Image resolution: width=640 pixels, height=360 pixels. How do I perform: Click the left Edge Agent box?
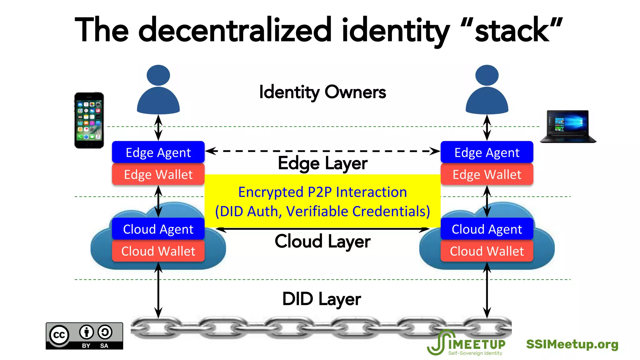tap(158, 152)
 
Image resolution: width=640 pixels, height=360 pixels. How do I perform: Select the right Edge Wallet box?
tap(487, 174)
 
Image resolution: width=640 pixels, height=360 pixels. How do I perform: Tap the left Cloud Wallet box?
tap(158, 251)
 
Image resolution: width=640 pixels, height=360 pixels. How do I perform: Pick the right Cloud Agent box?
tap(487, 229)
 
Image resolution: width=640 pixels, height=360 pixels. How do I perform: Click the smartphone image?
tap(89, 120)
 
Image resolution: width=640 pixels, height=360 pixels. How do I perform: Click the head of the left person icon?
tap(158, 75)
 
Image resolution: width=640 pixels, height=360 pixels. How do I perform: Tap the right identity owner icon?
tap(487, 91)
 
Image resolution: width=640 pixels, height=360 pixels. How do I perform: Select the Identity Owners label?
tap(322, 92)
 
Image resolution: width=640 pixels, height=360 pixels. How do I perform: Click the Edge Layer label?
tap(322, 163)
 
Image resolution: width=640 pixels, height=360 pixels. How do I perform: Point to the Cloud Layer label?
tap(322, 242)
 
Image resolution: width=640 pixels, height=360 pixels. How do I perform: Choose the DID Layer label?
tap(322, 299)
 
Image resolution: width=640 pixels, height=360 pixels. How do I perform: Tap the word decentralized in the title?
tap(234, 31)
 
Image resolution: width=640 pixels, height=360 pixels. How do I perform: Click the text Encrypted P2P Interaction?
tap(322, 192)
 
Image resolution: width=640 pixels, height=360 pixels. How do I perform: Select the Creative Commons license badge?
tap(84, 336)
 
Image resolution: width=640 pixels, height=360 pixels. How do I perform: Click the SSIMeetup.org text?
tap(572, 344)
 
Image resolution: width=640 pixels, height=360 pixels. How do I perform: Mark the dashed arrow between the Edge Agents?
tap(322, 151)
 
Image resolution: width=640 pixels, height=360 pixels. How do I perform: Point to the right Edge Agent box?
tap(487, 152)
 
